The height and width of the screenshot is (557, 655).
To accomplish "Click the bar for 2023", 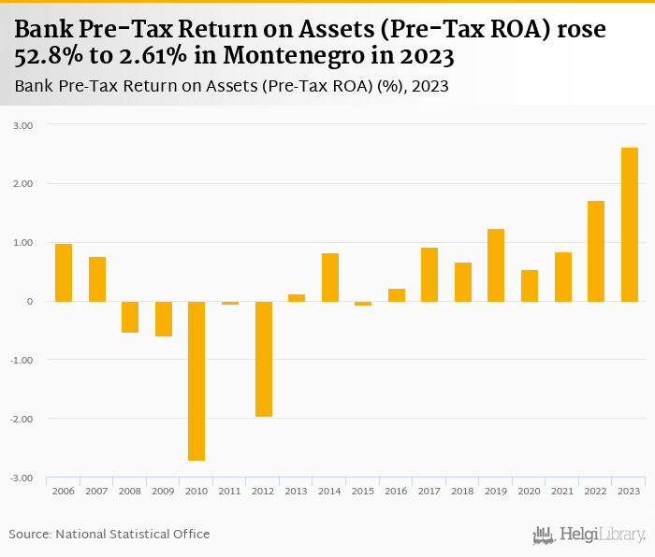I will click(630, 224).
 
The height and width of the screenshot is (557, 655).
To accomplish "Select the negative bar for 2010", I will click(196, 380).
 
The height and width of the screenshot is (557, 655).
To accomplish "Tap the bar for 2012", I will click(263, 359).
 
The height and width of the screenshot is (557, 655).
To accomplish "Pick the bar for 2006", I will click(64, 273).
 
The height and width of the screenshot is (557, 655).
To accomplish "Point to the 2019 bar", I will click(496, 265).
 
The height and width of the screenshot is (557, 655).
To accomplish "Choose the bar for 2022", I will click(596, 251).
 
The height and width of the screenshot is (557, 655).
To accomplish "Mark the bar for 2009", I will click(164, 319).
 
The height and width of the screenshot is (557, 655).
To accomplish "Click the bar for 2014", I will click(329, 278).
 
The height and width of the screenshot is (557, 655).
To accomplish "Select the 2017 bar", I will click(429, 275).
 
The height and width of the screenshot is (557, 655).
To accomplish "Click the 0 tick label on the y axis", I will click(29, 302).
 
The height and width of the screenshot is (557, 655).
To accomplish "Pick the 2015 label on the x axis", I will click(363, 491).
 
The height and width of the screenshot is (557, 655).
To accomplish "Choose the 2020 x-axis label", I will click(530, 491).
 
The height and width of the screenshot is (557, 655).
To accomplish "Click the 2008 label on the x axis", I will click(130, 491).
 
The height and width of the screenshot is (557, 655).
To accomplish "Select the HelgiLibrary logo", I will click(589, 535).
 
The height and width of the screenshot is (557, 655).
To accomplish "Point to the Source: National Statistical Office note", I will click(109, 534).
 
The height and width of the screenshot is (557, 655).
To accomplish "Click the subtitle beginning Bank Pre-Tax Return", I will click(232, 87).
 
